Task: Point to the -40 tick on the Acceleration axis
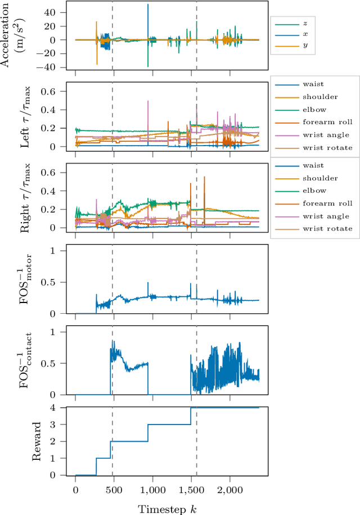pos(54,67)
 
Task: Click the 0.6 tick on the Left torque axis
pos(55,92)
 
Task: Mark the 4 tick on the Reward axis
pos(58,408)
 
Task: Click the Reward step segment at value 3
pos(169,424)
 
